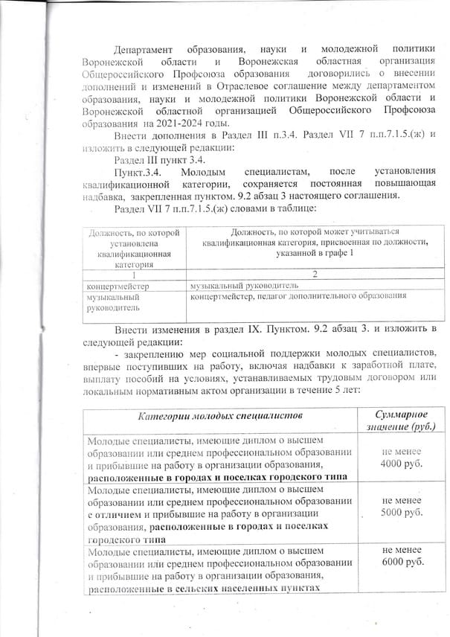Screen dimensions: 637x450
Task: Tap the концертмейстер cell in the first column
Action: [x=119, y=285]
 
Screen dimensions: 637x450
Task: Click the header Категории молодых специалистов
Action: [x=219, y=414]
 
